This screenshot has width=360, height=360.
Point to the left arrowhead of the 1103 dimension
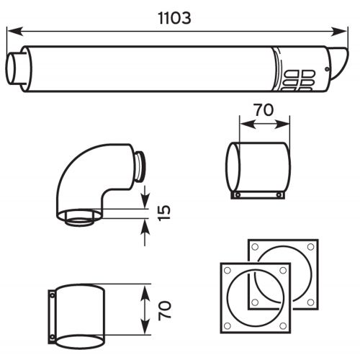click(x=12, y=30)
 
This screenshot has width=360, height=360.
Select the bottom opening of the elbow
click(x=80, y=217)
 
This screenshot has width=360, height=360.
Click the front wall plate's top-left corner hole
click(x=228, y=271)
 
